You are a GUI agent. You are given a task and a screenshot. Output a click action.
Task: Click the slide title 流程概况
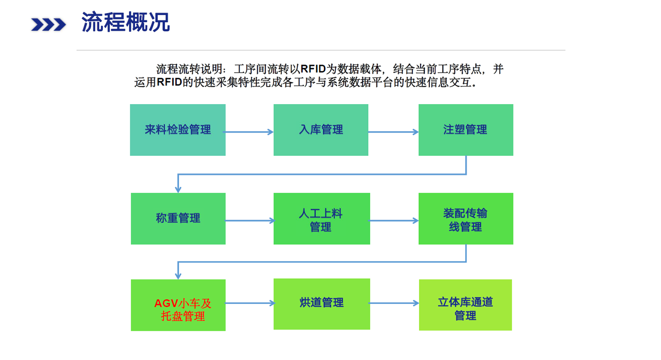coord(126,22)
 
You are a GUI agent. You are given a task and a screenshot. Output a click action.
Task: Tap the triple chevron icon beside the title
coord(48,24)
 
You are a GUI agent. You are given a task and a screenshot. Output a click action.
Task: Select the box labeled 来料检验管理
coord(178,130)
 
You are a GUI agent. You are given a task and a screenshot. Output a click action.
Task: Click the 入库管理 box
coord(321,130)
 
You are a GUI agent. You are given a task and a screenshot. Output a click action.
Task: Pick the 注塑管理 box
coord(466,130)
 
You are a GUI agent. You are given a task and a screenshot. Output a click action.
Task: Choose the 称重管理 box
coord(178,219)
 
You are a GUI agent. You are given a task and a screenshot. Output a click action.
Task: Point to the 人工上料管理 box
coord(322,219)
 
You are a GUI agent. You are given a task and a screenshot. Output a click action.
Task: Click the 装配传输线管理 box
coord(466,219)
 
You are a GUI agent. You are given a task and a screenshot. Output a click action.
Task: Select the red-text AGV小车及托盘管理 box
coord(178,305)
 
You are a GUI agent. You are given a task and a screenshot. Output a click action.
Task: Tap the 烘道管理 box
coord(322,304)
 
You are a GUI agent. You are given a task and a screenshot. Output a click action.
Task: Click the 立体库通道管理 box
coord(465,305)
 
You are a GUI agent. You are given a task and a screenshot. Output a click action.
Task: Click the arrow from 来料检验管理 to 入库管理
coord(248,132)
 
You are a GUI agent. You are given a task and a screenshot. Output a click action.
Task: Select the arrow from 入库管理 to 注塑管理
coord(393,132)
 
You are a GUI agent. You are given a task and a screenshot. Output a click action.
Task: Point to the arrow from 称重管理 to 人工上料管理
coord(250,221)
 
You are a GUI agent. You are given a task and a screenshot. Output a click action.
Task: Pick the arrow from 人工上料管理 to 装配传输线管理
coord(393,221)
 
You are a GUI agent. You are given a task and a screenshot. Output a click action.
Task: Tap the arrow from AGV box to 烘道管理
coord(250,303)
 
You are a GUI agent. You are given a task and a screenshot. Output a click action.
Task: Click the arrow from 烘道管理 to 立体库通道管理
coord(393,303)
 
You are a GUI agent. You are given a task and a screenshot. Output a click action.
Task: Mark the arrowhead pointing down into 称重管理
coord(178,189)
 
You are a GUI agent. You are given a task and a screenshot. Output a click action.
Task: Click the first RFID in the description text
coord(313,69)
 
